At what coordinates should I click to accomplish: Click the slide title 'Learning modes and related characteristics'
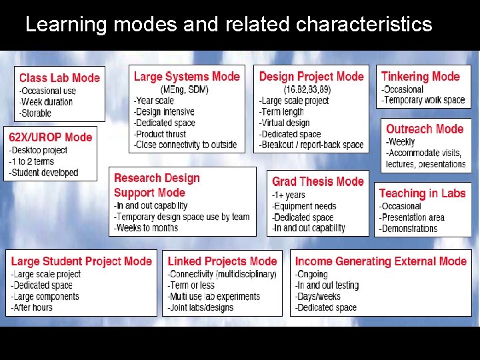[x=229, y=25]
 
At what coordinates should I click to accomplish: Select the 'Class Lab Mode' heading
[x=59, y=78]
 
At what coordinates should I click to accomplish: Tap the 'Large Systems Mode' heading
[x=187, y=77]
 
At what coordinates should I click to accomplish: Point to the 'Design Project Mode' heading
[x=311, y=77]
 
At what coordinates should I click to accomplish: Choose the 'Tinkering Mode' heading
[x=421, y=77]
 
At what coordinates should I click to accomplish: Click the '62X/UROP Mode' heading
[x=51, y=137]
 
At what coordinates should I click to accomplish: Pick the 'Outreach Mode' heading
[x=425, y=129]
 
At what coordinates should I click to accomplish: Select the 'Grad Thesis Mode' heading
[x=318, y=181]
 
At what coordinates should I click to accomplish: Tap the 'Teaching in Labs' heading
[x=422, y=193]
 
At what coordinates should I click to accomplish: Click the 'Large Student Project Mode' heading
[x=81, y=261]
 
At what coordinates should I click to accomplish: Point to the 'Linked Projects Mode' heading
[x=222, y=261]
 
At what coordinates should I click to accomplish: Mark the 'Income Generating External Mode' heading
[x=381, y=261]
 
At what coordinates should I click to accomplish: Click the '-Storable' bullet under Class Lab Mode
[x=35, y=113]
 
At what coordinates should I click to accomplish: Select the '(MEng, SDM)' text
[x=185, y=89]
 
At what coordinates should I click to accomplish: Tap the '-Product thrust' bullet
[x=160, y=133]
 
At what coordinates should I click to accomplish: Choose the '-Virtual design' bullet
[x=285, y=123]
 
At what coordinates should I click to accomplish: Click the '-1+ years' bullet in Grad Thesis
[x=288, y=195]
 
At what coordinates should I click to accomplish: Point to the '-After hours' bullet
[x=32, y=307]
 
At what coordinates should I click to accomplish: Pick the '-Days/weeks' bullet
[x=318, y=296]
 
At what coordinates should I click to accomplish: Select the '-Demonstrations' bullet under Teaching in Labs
[x=408, y=228]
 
